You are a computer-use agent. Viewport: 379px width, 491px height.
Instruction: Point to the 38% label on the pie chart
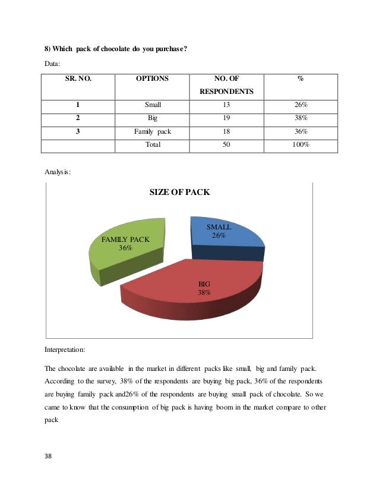204,292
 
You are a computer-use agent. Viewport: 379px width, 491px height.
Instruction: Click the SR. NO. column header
78,78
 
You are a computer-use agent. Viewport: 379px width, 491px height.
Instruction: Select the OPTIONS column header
152,78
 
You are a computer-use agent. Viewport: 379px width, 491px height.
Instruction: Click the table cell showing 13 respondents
226,105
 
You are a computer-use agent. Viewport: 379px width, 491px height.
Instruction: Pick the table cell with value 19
226,118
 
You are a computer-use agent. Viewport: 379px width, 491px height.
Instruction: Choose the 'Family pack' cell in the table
153,131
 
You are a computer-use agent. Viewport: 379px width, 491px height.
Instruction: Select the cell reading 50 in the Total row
226,144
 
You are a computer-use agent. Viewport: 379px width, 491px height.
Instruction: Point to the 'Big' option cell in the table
153,118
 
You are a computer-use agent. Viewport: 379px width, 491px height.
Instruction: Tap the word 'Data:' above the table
53,64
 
